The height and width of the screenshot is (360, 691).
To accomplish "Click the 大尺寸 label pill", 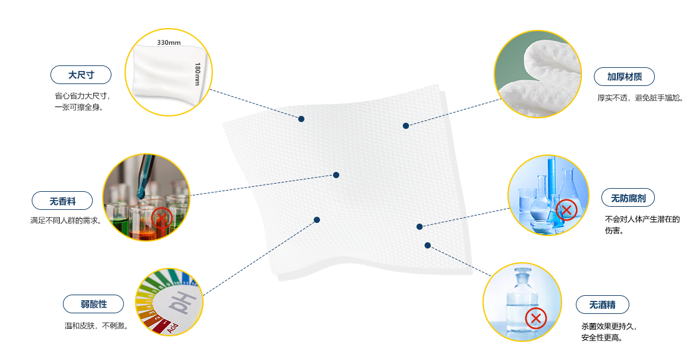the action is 81,75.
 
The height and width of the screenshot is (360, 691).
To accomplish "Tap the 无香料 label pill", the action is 62,201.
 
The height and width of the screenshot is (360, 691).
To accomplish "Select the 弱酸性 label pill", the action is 93,304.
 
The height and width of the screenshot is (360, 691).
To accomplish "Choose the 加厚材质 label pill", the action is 624,77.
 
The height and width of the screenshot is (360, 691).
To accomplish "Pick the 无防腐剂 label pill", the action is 628,198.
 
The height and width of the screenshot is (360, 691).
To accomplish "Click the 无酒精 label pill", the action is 603,305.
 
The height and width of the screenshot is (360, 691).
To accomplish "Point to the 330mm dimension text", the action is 169,43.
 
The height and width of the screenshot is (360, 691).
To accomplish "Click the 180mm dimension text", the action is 197,74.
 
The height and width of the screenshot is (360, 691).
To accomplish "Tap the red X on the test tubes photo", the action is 162,218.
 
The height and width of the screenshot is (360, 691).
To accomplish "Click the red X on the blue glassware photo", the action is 566,209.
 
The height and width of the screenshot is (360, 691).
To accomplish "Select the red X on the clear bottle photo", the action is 536,318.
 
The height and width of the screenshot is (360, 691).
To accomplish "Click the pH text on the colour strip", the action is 183,302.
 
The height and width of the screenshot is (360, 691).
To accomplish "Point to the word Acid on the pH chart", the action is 172,328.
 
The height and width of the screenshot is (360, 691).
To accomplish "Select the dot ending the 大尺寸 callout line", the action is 301,119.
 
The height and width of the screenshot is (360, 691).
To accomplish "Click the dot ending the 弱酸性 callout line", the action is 317,220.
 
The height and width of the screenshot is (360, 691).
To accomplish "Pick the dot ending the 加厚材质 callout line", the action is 406,126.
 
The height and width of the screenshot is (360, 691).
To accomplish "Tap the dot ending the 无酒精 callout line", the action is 428,245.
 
